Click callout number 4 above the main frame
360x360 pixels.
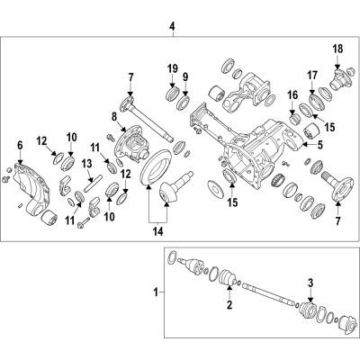click(x=172, y=27)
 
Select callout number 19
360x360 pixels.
click(x=170, y=70)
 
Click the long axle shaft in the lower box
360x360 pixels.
click(x=270, y=296)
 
